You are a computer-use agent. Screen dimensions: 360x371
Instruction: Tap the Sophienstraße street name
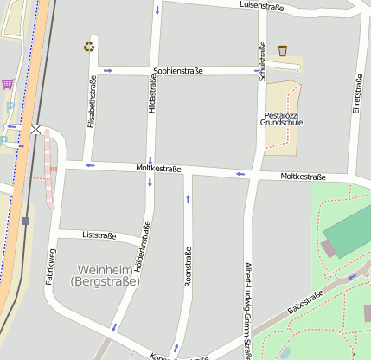(178, 71)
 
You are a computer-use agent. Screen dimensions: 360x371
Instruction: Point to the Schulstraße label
(261, 61)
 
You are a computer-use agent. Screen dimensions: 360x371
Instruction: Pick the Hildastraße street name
(152, 96)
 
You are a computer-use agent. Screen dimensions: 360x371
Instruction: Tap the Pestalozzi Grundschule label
(281, 119)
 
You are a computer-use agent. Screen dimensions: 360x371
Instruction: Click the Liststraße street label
(99, 235)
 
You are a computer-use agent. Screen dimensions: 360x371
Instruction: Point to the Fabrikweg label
(51, 267)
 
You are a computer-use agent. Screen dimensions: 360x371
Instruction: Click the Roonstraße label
(188, 267)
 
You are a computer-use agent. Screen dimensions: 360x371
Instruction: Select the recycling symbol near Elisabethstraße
(89, 47)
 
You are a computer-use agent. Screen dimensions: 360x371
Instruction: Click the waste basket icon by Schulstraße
(283, 51)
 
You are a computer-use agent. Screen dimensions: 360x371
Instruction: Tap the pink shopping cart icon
(8, 84)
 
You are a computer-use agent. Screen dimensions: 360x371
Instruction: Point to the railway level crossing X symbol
(35, 129)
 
